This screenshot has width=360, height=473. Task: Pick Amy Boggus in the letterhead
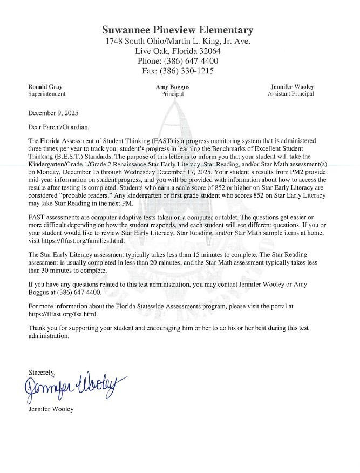point(172,86)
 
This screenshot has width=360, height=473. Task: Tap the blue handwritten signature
point(70,387)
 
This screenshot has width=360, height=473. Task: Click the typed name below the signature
point(51,409)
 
